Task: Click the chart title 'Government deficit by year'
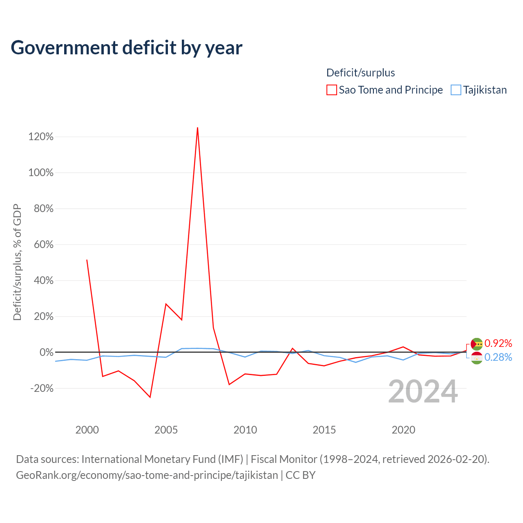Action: point(126,48)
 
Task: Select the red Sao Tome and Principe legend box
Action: point(331,90)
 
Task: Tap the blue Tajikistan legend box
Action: point(456,90)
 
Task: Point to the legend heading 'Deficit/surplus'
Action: point(360,73)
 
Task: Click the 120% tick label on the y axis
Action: point(41,136)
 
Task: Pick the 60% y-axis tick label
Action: point(43,244)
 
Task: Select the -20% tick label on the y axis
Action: point(42,389)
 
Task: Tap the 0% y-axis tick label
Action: point(47,352)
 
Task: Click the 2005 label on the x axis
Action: point(166,430)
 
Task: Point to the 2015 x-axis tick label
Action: point(324,430)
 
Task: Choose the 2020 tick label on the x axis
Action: point(403,430)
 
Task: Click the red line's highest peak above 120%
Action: point(197,127)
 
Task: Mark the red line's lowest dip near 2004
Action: point(150,397)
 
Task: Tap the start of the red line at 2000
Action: point(87,260)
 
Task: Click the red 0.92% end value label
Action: point(498,343)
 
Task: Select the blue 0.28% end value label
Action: point(498,357)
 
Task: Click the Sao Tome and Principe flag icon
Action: point(476,344)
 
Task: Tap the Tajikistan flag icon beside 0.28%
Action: point(476,358)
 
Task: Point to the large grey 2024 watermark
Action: point(423,391)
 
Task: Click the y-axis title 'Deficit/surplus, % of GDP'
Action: point(17,262)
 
